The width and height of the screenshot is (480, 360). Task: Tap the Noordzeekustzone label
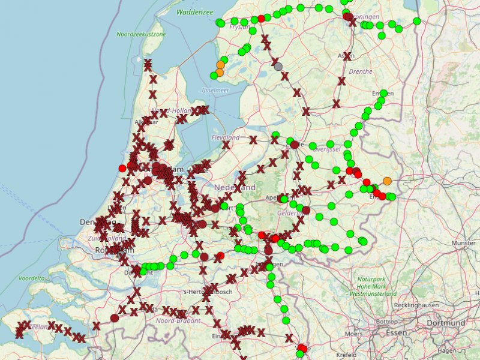tap(141, 35)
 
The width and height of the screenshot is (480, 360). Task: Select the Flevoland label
tap(226, 138)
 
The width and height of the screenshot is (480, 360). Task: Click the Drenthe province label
tap(361, 71)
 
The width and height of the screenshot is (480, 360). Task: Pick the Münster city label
tap(463, 244)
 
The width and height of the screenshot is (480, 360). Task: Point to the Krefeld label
tap(346, 355)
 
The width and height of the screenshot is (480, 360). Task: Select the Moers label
tap(353, 334)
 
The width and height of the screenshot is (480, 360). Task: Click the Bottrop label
tap(385, 322)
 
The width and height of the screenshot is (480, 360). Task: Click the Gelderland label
tap(293, 213)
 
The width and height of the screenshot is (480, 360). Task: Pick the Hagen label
tap(447, 350)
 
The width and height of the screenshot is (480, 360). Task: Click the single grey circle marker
tap(278, 66)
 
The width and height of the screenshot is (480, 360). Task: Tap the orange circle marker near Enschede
tap(387, 181)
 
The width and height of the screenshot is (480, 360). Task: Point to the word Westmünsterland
tap(373, 294)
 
